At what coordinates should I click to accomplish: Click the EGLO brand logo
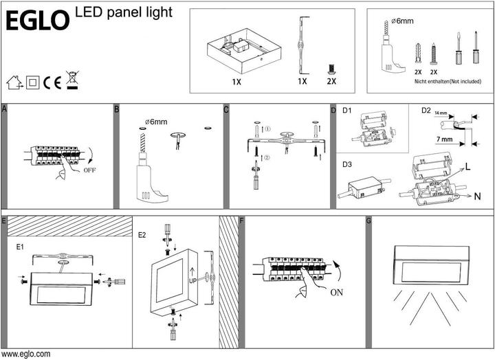coord(37,20)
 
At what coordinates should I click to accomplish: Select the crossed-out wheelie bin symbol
coord(71,80)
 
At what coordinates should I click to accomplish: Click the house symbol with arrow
coord(13,82)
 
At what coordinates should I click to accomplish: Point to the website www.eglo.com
coord(25,355)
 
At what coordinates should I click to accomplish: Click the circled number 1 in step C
coord(269,128)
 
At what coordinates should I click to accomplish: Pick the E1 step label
coord(20,244)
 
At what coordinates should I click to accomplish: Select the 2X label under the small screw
coord(331,81)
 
